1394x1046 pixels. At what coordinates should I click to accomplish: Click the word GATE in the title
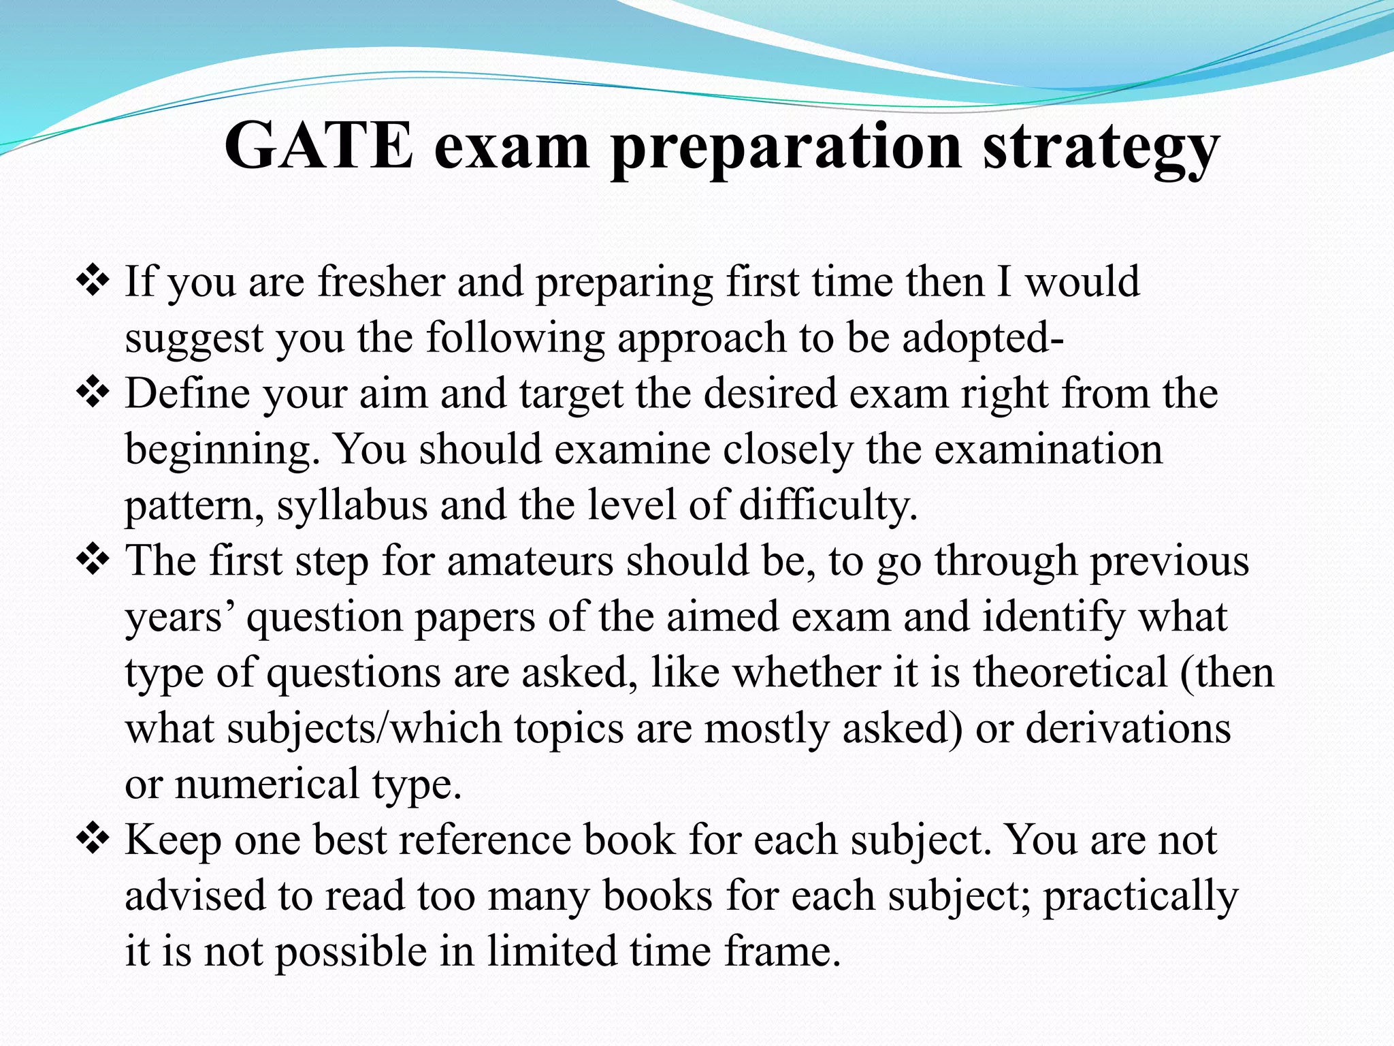pyautogui.click(x=319, y=146)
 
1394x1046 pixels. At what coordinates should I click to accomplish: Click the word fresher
pyautogui.click(x=381, y=281)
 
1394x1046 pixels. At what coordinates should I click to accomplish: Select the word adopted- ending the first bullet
pyautogui.click(x=983, y=338)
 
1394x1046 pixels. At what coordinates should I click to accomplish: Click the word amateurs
pyautogui.click(x=530, y=561)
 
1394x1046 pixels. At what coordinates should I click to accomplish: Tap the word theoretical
pyautogui.click(x=1070, y=673)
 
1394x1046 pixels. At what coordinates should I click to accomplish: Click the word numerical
pyautogui.click(x=266, y=784)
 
